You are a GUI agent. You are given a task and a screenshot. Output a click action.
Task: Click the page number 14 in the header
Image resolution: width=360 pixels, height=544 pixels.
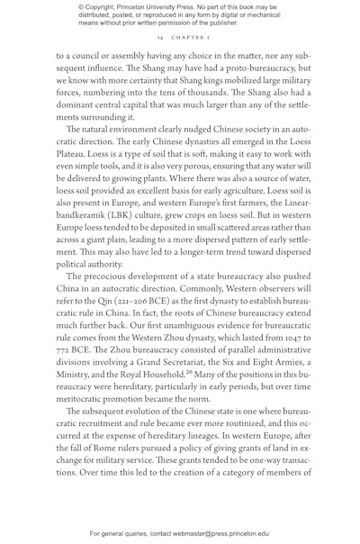point(158,39)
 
